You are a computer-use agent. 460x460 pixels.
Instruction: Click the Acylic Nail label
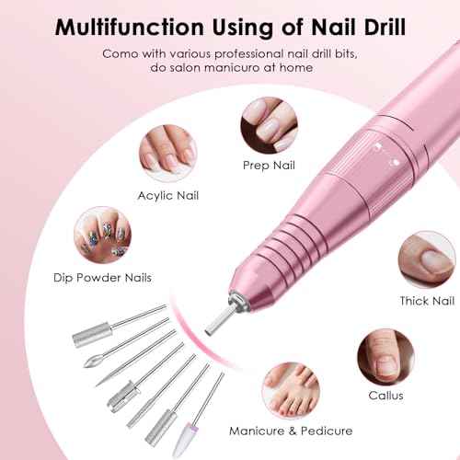coord(167,195)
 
